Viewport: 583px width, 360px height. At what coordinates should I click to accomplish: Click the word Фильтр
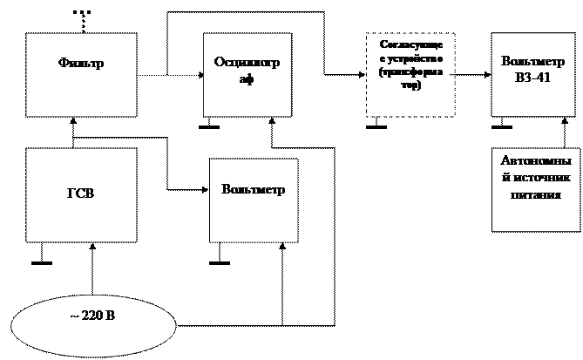pyautogui.click(x=81, y=64)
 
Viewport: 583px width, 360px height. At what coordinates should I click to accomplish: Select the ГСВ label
pyautogui.click(x=81, y=194)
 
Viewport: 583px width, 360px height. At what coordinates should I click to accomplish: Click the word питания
pyautogui.click(x=534, y=194)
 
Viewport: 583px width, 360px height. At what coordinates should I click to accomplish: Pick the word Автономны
pyautogui.click(x=535, y=162)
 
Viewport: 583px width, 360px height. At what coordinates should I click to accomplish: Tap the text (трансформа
pyautogui.click(x=410, y=73)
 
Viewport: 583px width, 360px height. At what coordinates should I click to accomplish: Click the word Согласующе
pyautogui.click(x=410, y=44)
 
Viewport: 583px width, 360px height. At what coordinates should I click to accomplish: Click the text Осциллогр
pyautogui.click(x=247, y=63)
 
